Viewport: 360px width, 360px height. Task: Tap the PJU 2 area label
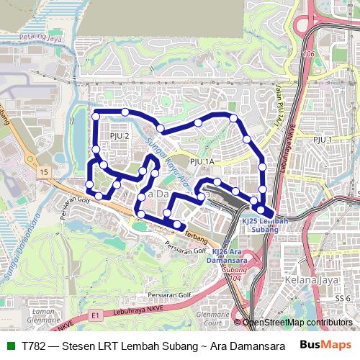[x=120, y=135]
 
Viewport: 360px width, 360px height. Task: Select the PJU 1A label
[x=203, y=162]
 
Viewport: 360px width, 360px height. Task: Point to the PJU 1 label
[x=322, y=139]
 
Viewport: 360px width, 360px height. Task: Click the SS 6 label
[x=343, y=298]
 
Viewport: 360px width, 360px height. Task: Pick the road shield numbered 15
[x=44, y=172]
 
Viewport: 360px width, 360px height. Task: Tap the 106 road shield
[x=310, y=54]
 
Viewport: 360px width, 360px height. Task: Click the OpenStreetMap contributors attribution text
[x=297, y=323]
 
